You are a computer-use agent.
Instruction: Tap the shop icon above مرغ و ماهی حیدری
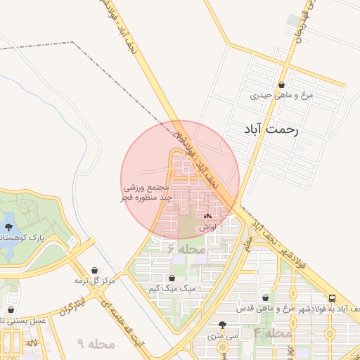click(282, 83)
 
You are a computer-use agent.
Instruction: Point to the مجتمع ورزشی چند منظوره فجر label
click(144, 193)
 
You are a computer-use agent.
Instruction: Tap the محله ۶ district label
click(186, 249)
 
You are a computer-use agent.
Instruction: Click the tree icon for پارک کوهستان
click(9, 227)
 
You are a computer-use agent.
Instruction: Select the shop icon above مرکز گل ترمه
click(95, 270)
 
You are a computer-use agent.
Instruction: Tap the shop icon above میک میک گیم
click(172, 278)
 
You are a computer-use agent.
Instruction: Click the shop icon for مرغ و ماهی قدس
click(265, 298)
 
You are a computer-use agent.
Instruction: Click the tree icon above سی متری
click(223, 325)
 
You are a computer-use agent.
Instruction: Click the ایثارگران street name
click(71, 310)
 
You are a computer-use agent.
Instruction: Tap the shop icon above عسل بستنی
click(11, 309)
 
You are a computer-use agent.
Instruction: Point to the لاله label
click(31, 342)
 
